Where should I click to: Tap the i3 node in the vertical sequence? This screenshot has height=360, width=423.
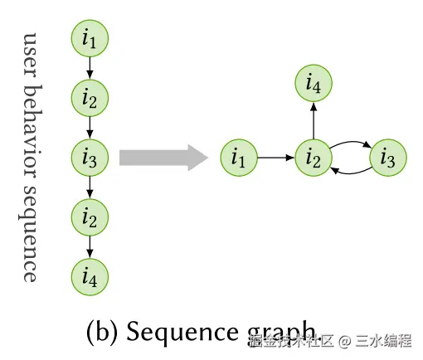click(90, 156)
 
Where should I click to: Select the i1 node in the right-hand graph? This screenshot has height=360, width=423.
click(239, 157)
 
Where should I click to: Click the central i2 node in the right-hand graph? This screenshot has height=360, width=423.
click(313, 157)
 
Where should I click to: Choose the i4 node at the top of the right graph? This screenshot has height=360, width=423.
click(313, 84)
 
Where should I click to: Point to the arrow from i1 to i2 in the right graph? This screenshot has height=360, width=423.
click(275, 157)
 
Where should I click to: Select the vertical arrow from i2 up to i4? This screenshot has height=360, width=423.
click(313, 119)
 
